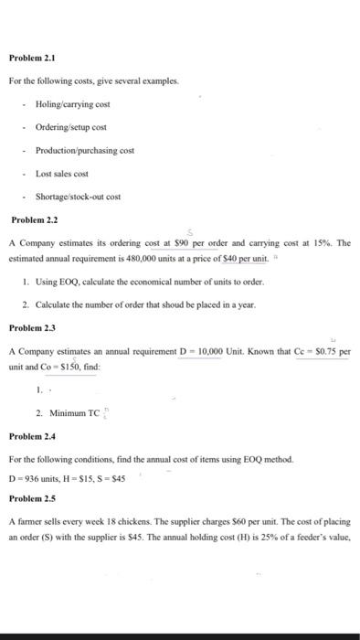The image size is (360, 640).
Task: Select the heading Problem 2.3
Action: pos(32,326)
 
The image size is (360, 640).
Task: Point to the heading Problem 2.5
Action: pos(32,499)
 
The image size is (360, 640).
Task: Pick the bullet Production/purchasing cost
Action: pos(84,150)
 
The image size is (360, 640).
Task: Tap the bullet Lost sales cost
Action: pos(61,174)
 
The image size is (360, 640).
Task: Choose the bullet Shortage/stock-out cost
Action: pos(78,197)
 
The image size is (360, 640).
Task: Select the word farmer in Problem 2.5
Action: pos(30,521)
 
